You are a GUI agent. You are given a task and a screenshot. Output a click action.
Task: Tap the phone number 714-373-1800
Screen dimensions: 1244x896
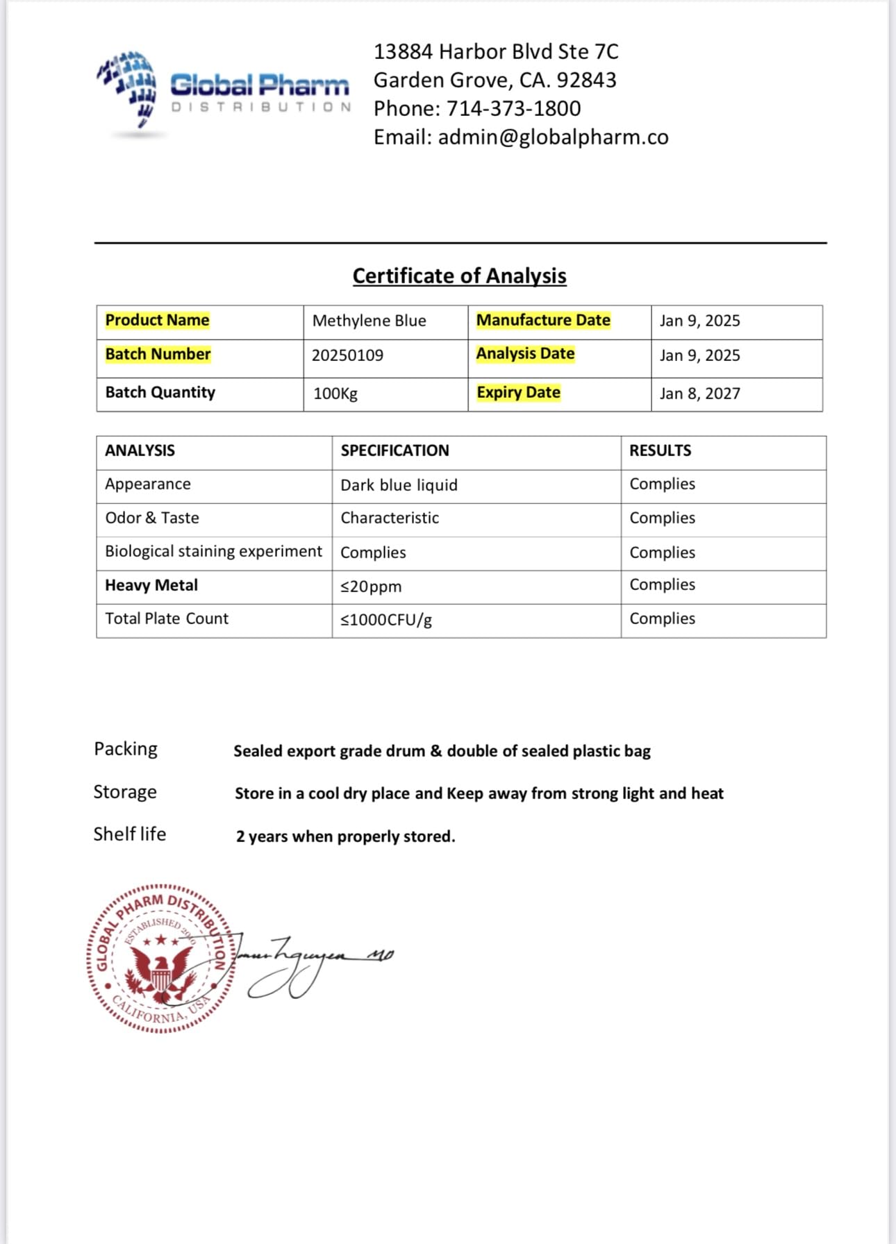coord(513,109)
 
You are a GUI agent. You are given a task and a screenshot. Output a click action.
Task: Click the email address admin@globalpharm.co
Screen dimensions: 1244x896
coord(553,137)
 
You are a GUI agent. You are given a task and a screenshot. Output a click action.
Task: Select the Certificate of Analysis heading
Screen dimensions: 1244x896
coord(459,276)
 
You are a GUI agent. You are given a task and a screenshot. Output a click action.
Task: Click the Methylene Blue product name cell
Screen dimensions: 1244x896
coord(369,321)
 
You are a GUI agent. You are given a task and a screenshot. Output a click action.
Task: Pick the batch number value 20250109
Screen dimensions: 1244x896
coord(347,355)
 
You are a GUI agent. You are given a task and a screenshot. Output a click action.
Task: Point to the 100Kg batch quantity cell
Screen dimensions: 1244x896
coord(335,394)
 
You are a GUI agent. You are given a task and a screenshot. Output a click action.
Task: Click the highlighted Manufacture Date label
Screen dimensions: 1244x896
coord(543,320)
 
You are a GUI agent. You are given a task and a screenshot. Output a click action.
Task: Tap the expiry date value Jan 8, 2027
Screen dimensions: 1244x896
coord(699,394)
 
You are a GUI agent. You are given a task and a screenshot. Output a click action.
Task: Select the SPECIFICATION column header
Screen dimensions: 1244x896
coord(395,451)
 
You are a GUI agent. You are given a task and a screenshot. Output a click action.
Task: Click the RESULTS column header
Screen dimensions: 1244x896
coord(660,451)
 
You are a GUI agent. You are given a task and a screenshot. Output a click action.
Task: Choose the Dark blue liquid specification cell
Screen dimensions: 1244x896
coord(399,485)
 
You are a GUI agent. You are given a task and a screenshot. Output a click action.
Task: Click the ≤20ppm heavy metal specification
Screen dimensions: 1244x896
coord(371,587)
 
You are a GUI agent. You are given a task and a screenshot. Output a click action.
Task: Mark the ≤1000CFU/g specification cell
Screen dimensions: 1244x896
coord(386,620)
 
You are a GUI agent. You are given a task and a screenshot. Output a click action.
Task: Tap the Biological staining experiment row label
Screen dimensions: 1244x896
coord(213,551)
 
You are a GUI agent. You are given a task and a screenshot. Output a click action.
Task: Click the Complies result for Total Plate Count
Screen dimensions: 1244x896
coord(662,619)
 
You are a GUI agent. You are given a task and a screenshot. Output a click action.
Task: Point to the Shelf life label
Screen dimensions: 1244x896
coord(130,834)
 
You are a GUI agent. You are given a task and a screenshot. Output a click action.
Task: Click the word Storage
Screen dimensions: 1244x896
coord(125,792)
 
